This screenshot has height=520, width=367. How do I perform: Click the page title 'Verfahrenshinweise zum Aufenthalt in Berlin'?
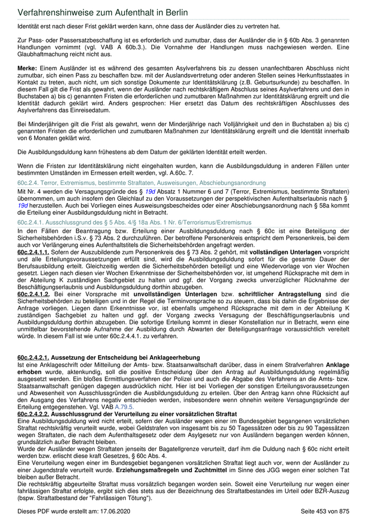pos(102,12)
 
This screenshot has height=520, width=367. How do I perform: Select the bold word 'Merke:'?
pos(27,68)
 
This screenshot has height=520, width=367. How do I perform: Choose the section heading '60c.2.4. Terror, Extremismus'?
pos(142,183)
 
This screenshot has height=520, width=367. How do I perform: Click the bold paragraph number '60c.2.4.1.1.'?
pos(34,253)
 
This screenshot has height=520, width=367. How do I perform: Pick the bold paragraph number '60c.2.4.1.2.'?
pos(34,294)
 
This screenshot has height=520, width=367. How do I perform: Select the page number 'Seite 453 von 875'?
pos(325,511)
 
